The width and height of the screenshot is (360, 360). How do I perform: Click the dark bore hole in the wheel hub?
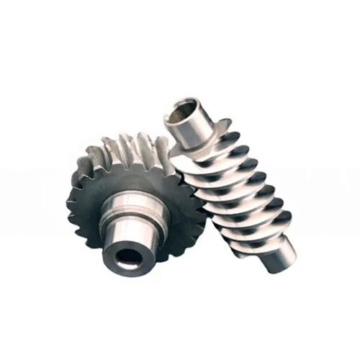click(x=130, y=258)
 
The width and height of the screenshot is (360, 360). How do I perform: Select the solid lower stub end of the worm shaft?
click(x=282, y=253)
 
